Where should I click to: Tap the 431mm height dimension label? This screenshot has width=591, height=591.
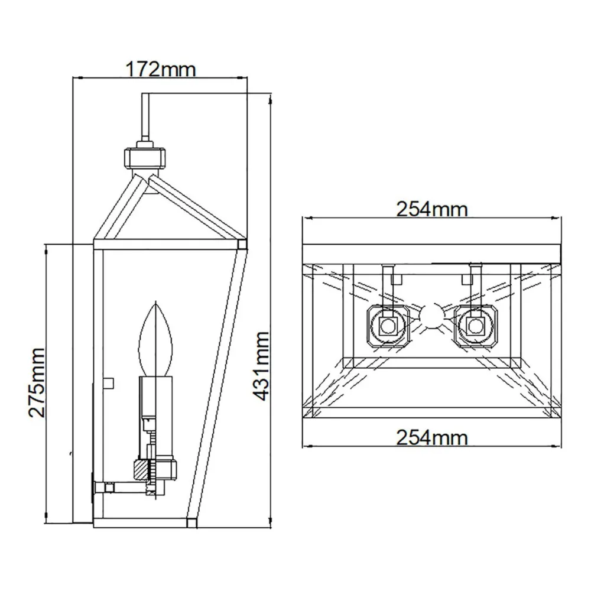[260, 366]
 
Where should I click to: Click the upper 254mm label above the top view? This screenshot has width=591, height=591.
[431, 209]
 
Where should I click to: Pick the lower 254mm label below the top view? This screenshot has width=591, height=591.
[431, 437]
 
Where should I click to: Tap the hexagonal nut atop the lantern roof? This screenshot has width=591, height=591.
[145, 158]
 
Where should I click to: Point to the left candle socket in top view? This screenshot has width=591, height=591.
[388, 324]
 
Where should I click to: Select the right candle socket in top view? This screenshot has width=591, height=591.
[474, 324]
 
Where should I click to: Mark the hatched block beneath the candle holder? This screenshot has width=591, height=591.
[142, 470]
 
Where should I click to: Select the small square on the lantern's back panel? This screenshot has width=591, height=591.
[108, 383]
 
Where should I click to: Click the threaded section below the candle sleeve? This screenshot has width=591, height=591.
[150, 440]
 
